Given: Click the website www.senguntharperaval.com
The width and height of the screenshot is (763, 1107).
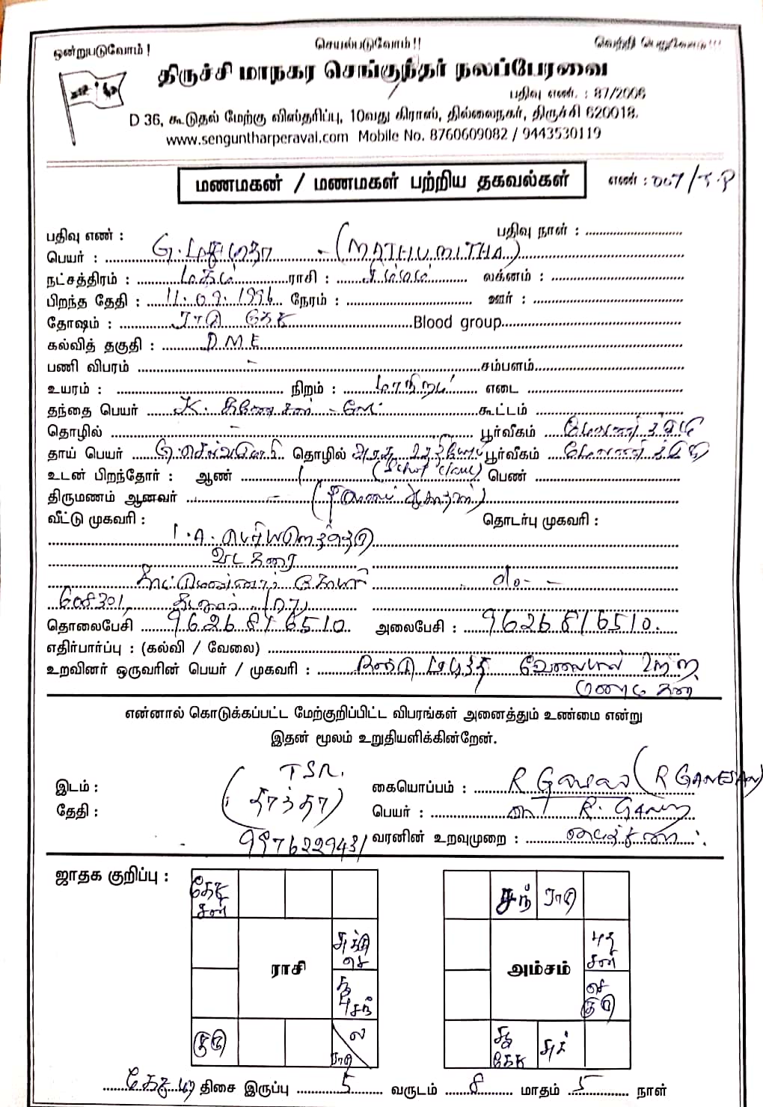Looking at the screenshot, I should (x=257, y=136).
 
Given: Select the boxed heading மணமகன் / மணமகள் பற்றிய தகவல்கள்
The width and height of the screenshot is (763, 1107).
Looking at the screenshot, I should (x=381, y=182).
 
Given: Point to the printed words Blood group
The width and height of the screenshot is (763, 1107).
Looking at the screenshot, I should (x=457, y=322).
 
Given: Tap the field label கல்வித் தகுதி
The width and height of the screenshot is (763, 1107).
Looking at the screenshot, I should (x=101, y=346).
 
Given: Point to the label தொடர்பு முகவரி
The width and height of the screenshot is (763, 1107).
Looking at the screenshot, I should (x=541, y=520).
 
